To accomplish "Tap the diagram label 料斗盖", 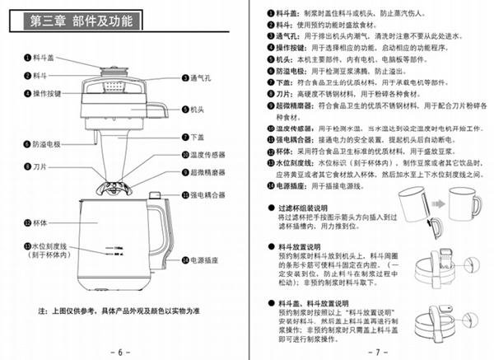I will click(x=46, y=58).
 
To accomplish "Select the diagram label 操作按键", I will click(x=49, y=93).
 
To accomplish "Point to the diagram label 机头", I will click(x=198, y=108).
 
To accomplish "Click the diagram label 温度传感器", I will click(x=208, y=154).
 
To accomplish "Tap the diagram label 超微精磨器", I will click(x=208, y=173).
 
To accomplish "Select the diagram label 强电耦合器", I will click(x=208, y=194).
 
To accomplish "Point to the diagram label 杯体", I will click(x=42, y=222).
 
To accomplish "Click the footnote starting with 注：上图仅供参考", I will click(x=119, y=311).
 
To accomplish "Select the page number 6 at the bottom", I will click(x=119, y=351).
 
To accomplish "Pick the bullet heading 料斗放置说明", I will click(x=305, y=245).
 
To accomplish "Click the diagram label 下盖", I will click(x=198, y=136).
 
